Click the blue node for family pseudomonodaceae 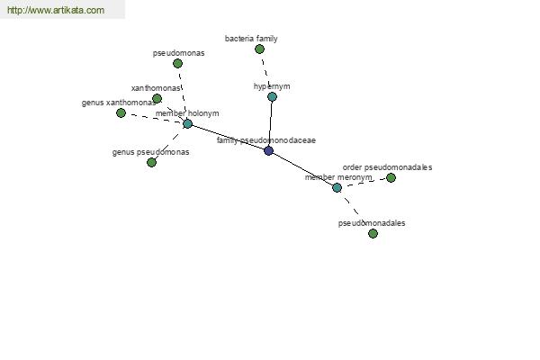pos(268,150)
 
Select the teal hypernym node pos(272,97)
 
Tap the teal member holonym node pos(187,123)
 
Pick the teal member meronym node pos(337,188)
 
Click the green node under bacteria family pos(260,49)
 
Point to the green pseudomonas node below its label pos(177,63)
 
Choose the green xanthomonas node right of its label pos(157,98)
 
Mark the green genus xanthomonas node pos(121,112)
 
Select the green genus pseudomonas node pos(151,162)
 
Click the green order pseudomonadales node pos(391,178)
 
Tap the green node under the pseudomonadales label pos(373,234)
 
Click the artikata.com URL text pos(56,10)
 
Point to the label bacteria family pos(251,39)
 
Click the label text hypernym pos(272,86)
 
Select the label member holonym pos(187,113)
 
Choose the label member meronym pos(338,177)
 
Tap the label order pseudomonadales pos(387,167)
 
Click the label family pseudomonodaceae pos(266,140)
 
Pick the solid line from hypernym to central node pos(270,123)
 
